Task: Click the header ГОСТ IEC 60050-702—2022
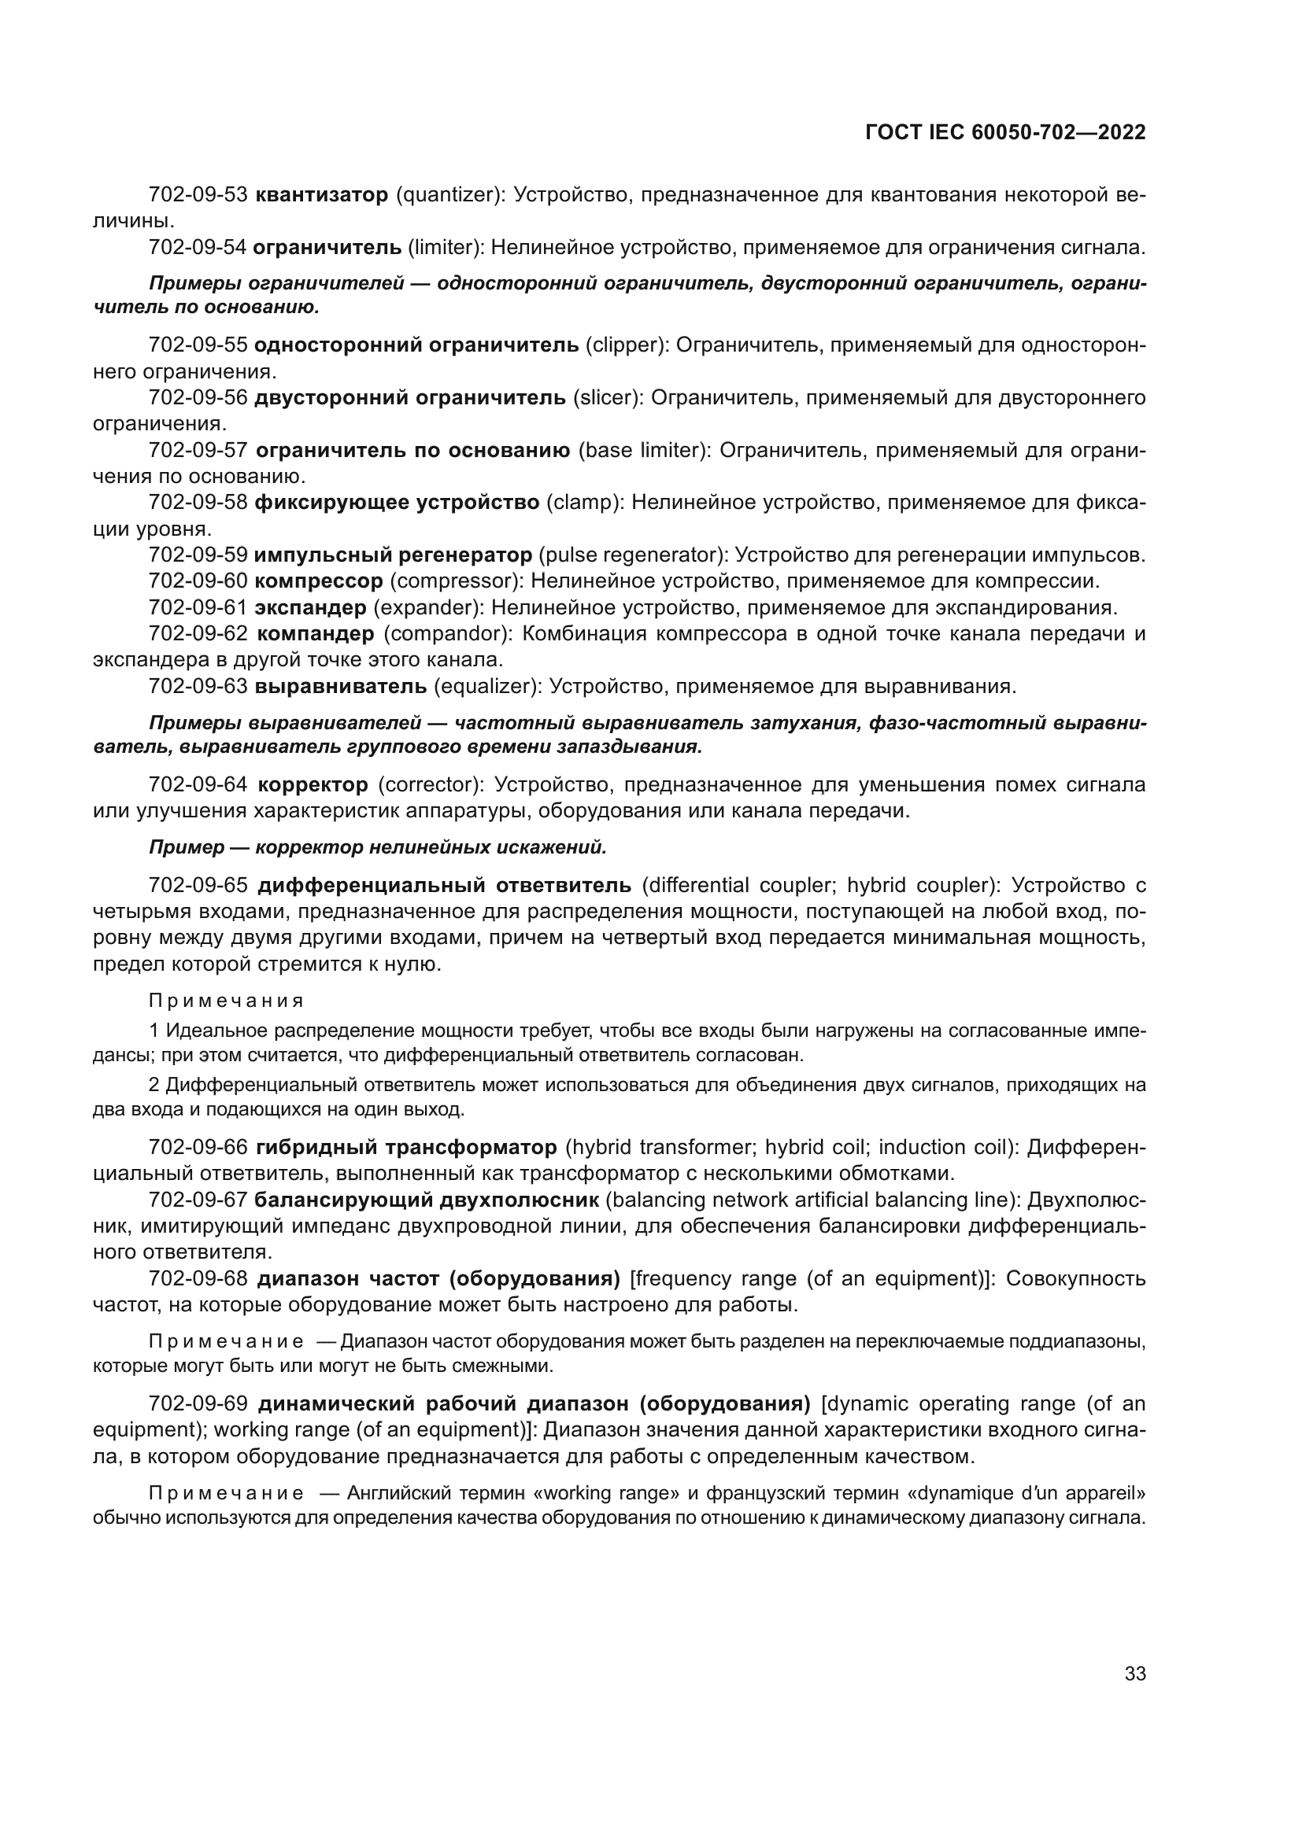click(x=1005, y=133)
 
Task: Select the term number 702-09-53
click(x=198, y=195)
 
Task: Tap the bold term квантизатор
click(x=321, y=195)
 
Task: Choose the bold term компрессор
click(x=319, y=581)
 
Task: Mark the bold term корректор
click(x=313, y=784)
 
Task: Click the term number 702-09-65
click(x=198, y=886)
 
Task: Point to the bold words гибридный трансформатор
click(x=405, y=1148)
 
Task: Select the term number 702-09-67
click(x=198, y=1200)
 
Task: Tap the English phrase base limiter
click(x=644, y=451)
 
